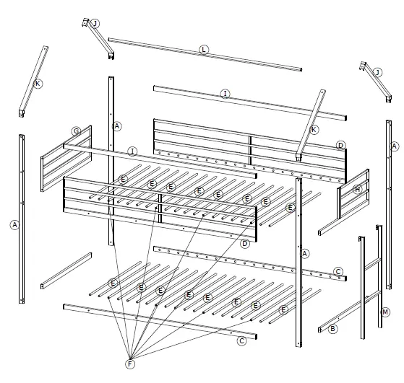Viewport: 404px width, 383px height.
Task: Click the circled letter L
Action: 204,49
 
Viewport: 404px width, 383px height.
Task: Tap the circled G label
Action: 76,131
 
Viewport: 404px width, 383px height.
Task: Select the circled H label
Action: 356,190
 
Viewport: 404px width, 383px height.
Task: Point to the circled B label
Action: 332,328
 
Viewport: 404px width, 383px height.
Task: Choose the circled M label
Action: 385,312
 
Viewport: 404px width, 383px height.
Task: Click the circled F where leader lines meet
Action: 131,363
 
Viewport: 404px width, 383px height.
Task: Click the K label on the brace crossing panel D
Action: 314,129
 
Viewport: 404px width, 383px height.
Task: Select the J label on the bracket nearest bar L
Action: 94,23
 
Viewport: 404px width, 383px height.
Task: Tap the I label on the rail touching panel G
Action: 132,151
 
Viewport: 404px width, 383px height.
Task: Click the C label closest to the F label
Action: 242,340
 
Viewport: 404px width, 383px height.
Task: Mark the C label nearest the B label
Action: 338,271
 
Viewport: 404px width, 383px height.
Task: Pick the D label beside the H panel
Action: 340,146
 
